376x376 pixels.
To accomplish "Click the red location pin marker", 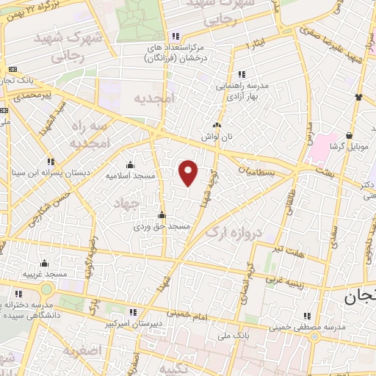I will tap(189, 173).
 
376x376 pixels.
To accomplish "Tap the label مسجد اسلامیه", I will tap(129, 176).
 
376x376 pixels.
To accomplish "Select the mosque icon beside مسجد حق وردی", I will tap(162, 216).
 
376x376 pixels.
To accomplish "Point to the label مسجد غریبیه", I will tap(45, 274).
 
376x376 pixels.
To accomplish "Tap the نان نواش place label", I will tap(216, 137).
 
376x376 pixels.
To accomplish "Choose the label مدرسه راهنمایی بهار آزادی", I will tap(242, 90).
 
